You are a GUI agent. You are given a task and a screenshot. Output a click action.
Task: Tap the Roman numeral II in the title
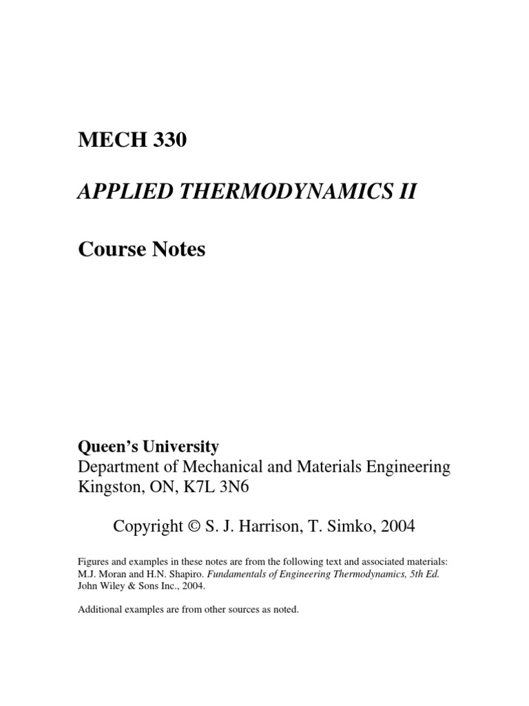coord(406,192)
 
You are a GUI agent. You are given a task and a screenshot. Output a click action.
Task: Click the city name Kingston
coord(107,487)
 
